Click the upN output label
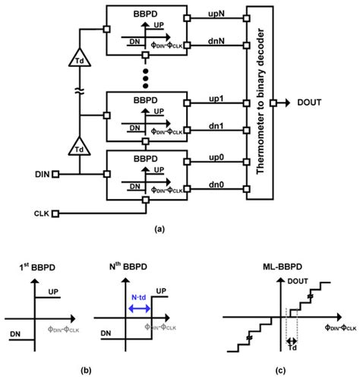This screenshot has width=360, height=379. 211,10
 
